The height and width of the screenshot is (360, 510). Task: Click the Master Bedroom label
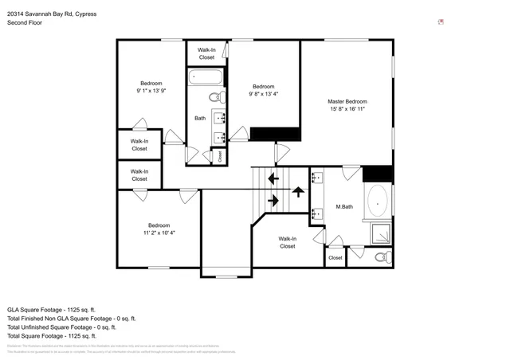click(x=347, y=101)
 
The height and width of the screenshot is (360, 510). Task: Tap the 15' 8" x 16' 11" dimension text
click(x=347, y=109)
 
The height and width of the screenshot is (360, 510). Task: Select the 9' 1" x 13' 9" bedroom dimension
click(x=151, y=92)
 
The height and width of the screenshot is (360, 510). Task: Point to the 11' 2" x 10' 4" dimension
click(x=159, y=233)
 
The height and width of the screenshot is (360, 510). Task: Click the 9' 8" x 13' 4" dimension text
click(x=263, y=94)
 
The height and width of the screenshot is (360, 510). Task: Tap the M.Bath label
click(x=343, y=207)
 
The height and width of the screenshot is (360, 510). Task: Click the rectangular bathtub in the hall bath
click(x=206, y=78)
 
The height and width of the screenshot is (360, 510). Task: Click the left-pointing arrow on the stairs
click(x=273, y=178)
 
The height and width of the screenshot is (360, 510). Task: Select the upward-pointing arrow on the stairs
click(x=299, y=191)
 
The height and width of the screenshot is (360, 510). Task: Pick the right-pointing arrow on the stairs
click(x=273, y=200)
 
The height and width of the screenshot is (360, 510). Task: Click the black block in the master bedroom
click(x=378, y=173)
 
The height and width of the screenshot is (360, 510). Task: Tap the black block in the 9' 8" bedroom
click(x=263, y=133)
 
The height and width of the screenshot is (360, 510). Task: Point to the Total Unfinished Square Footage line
click(x=61, y=327)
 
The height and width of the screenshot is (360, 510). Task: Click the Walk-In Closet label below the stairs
click(x=287, y=242)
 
